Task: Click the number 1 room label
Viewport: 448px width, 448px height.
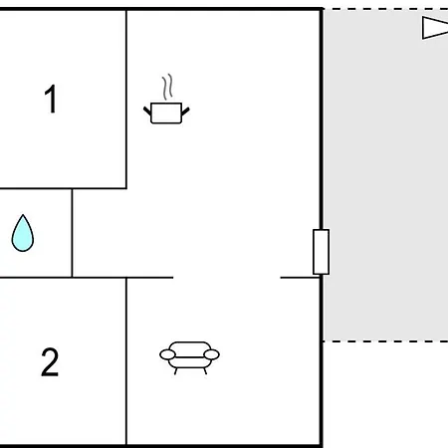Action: (51, 99)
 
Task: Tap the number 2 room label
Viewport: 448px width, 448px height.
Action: (50, 362)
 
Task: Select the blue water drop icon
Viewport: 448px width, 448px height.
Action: (23, 233)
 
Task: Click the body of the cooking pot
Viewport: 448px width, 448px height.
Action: (166, 113)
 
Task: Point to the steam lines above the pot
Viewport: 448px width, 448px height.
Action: (167, 87)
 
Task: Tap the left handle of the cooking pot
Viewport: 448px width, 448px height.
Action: (147, 111)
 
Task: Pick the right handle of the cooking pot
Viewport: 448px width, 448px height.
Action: (185, 112)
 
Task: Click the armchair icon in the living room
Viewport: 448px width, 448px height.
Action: (189, 357)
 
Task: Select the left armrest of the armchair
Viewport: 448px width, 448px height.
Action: (167, 354)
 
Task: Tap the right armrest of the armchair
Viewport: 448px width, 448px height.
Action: (212, 354)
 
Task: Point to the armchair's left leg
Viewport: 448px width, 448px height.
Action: (176, 371)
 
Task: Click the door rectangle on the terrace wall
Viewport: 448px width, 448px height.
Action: (322, 252)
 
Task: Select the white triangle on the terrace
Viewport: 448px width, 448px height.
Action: (435, 28)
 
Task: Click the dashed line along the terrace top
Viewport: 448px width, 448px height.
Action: (385, 9)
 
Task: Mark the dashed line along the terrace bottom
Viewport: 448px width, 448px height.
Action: (385, 340)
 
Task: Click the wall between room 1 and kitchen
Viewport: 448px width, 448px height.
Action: (126, 99)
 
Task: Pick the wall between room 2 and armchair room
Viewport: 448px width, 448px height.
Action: (126, 361)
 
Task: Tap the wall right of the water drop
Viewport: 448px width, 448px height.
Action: (72, 233)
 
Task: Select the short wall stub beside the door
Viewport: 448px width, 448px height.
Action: (300, 278)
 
